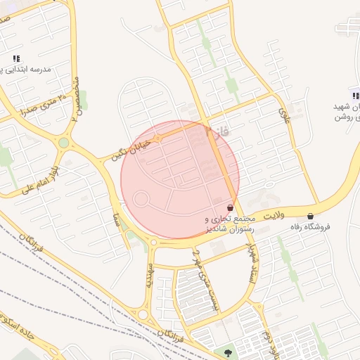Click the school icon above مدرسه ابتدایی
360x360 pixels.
[x=15, y=58]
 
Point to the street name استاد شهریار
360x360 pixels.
[x=248, y=263]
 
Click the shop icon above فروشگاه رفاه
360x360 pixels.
[x=310, y=216]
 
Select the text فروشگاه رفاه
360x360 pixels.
[x=310, y=227]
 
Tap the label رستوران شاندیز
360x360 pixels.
[x=226, y=229]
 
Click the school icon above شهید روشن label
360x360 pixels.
[x=354, y=96]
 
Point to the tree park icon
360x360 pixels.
[x=228, y=352]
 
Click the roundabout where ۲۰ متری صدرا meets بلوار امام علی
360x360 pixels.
[x=64, y=143]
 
